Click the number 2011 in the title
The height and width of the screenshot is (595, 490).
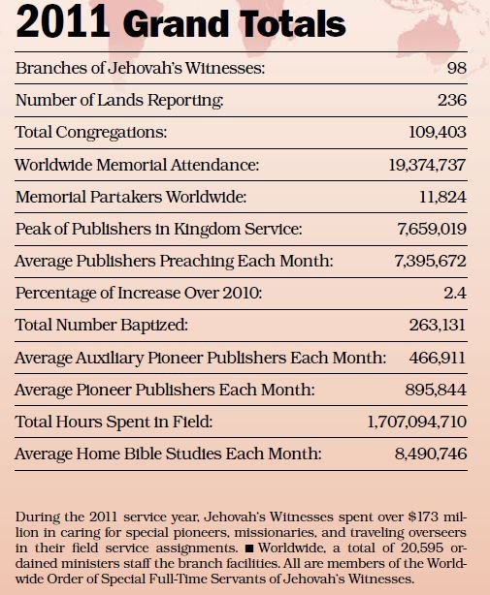coord(63,22)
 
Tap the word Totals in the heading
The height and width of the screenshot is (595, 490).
coord(292,23)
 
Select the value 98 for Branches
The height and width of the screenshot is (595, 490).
coord(457,68)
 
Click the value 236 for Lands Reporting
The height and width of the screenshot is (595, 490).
coord(452,100)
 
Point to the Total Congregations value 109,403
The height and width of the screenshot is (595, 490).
coord(438,133)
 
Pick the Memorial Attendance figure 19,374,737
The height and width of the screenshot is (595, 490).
coord(427,165)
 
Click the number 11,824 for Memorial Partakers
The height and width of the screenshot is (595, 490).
coord(442,197)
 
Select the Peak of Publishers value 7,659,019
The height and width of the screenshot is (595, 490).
coord(432,229)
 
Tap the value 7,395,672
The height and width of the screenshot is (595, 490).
coord(431,261)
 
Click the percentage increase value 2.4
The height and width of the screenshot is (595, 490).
coord(455,293)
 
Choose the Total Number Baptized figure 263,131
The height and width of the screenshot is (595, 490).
coord(438,326)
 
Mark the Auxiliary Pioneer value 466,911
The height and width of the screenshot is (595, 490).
coord(438,358)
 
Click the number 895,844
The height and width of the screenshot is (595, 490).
coord(436,390)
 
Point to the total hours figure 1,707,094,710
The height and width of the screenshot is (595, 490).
coord(416,422)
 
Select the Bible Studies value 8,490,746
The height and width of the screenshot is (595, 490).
coord(431,454)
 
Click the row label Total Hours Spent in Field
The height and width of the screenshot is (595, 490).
coord(114,422)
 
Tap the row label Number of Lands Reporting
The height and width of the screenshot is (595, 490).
coord(119,101)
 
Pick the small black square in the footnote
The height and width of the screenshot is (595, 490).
coord(249,548)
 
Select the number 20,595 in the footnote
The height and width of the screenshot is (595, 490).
coord(422,548)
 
